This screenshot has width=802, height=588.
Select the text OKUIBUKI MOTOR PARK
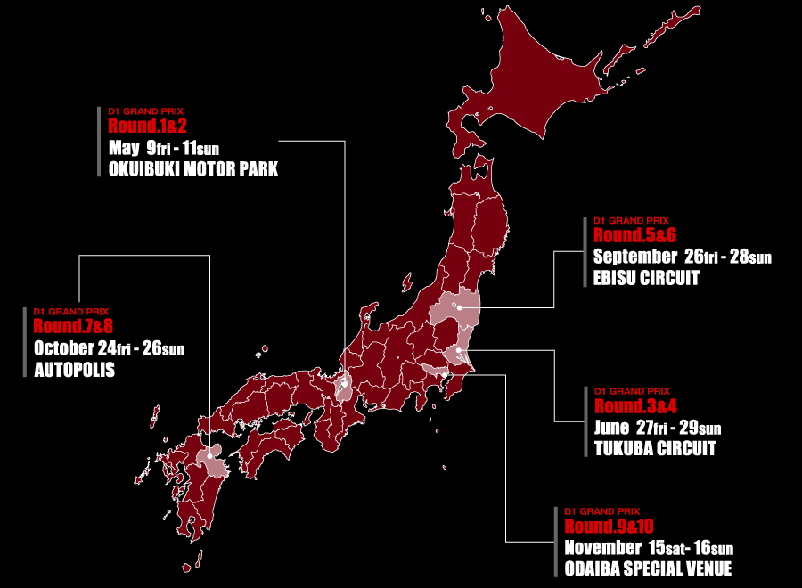(x=193, y=169)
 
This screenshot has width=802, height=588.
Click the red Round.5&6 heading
(x=635, y=235)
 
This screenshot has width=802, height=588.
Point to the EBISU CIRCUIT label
(x=646, y=278)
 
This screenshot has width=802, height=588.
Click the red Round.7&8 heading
(x=74, y=325)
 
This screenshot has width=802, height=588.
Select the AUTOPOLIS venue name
(x=74, y=369)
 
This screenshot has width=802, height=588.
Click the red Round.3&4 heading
(x=635, y=406)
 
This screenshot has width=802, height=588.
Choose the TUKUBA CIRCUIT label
(x=655, y=449)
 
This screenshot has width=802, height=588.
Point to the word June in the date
(x=611, y=428)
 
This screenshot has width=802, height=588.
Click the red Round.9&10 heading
(x=609, y=526)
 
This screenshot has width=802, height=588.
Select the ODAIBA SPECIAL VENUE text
(x=648, y=568)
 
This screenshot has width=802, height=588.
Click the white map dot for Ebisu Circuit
(x=460, y=307)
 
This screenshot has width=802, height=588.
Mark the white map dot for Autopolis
(x=209, y=456)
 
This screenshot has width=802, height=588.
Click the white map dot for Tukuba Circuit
(x=457, y=350)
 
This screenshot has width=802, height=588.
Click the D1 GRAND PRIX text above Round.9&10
(x=601, y=511)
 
